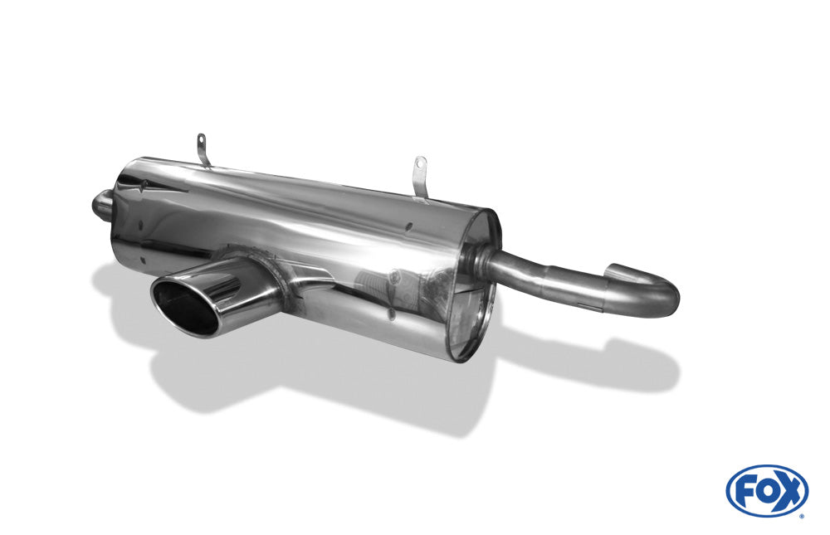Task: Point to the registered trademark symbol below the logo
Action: (x=801, y=515)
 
